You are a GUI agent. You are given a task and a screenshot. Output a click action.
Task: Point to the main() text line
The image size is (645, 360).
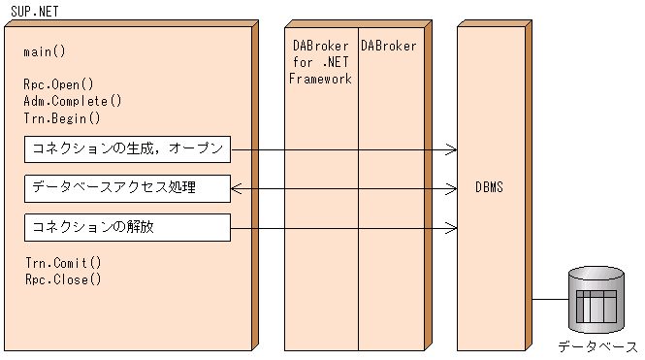(45, 50)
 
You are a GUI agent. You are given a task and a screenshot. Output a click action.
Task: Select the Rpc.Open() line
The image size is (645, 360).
(58, 84)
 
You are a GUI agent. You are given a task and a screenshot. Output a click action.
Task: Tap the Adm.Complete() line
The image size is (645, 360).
(73, 101)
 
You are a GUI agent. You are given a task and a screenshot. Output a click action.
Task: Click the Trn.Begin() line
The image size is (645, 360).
(62, 118)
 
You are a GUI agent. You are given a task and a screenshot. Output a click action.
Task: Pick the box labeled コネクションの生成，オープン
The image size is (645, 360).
(127, 149)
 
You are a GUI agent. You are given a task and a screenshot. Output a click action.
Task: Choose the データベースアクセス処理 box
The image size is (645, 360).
(127, 187)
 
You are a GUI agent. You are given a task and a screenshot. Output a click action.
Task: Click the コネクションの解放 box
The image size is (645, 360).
(127, 227)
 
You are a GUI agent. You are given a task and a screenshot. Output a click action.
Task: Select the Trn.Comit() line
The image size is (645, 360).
(62, 262)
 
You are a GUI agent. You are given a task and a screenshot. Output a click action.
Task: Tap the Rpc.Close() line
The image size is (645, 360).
(62, 279)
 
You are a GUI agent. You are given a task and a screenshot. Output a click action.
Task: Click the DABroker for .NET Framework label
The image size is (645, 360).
(321, 62)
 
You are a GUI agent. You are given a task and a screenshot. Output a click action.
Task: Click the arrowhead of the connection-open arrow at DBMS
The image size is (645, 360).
(452, 149)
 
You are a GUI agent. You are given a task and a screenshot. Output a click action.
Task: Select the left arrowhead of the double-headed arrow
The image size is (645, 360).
(236, 187)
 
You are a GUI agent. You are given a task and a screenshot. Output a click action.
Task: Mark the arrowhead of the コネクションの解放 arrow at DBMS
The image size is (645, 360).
(452, 227)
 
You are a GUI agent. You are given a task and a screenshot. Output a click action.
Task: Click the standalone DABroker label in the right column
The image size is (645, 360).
(389, 46)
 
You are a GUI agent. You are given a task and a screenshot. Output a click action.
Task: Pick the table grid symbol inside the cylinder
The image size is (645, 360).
(597, 307)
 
